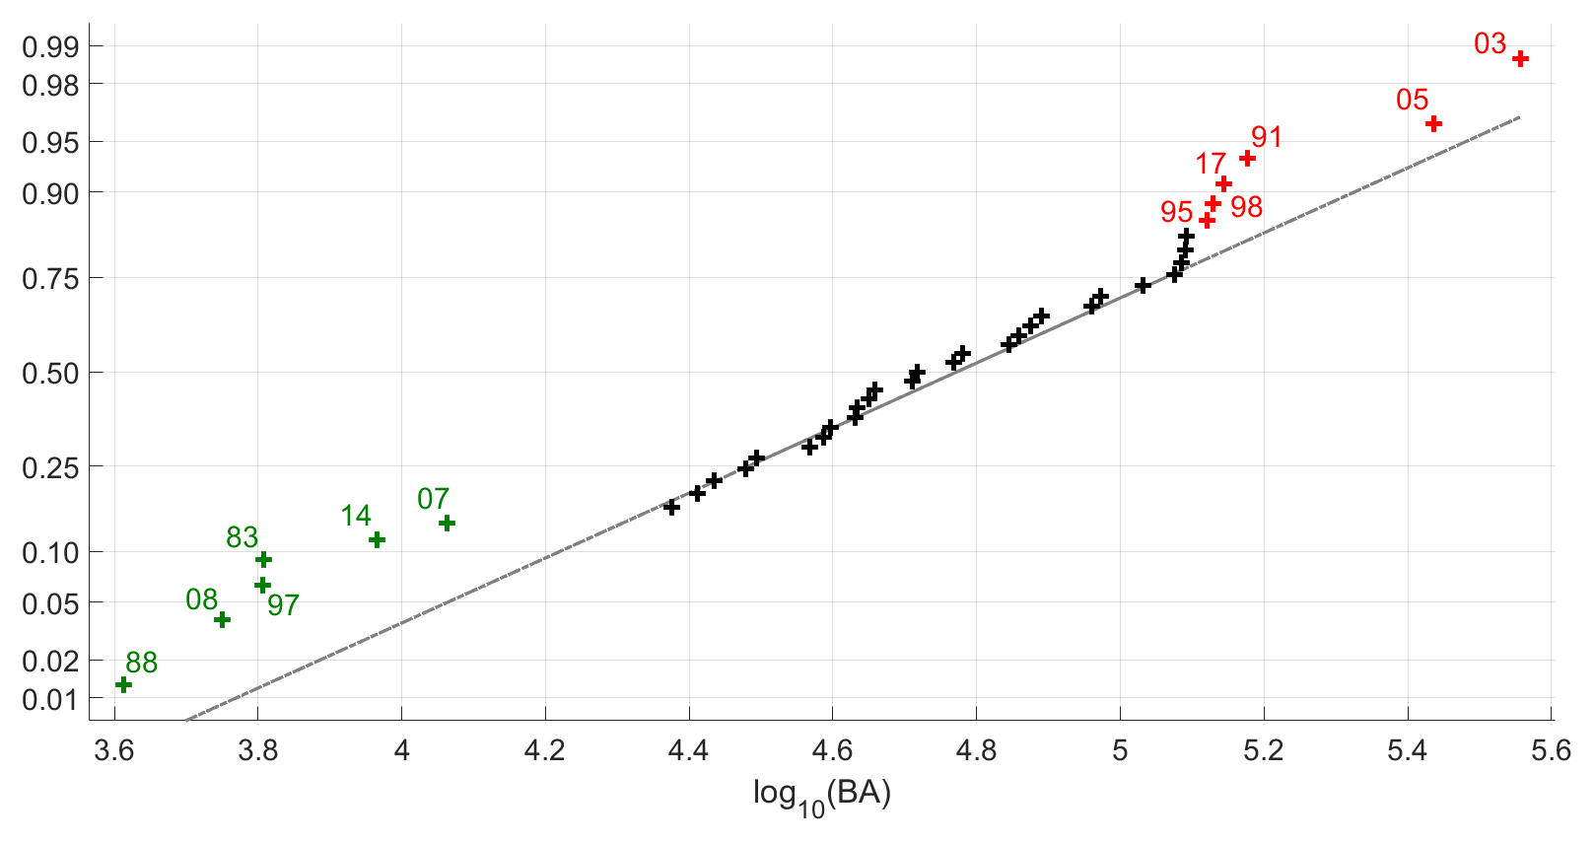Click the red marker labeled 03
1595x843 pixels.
pyautogui.click(x=1520, y=59)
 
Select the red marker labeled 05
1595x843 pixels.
pyautogui.click(x=1434, y=123)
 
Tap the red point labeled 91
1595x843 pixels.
pyautogui.click(x=1247, y=159)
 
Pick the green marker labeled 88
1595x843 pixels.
pyautogui.click(x=123, y=684)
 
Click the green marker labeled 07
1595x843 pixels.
pyautogui.click(x=447, y=523)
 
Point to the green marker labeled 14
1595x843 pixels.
pyautogui.click(x=377, y=539)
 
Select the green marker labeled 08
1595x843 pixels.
pyautogui.click(x=222, y=619)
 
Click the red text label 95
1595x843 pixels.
pyautogui.click(x=1177, y=212)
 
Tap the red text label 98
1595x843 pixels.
pyautogui.click(x=1247, y=207)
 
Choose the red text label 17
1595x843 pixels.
pyautogui.click(x=1211, y=164)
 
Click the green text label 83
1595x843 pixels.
pyautogui.click(x=243, y=537)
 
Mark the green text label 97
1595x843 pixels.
pyautogui.click(x=283, y=605)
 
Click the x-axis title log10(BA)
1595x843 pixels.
pyautogui.click(x=821, y=795)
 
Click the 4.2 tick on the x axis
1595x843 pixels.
pyautogui.click(x=545, y=751)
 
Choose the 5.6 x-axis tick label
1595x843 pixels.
pyautogui.click(x=1551, y=751)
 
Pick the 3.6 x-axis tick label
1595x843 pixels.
pyautogui.click(x=114, y=751)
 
